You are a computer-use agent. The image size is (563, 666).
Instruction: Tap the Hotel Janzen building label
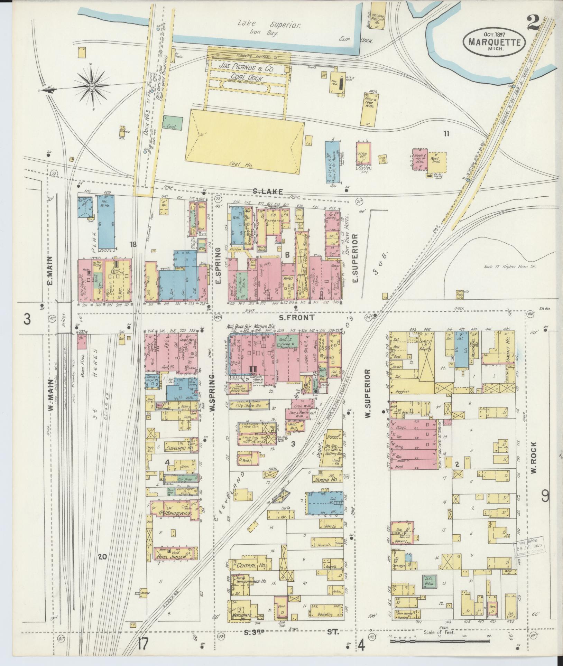[173, 557]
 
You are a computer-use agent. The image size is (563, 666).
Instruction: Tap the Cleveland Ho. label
[179, 448]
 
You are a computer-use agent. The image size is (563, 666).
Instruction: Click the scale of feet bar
[439, 641]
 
